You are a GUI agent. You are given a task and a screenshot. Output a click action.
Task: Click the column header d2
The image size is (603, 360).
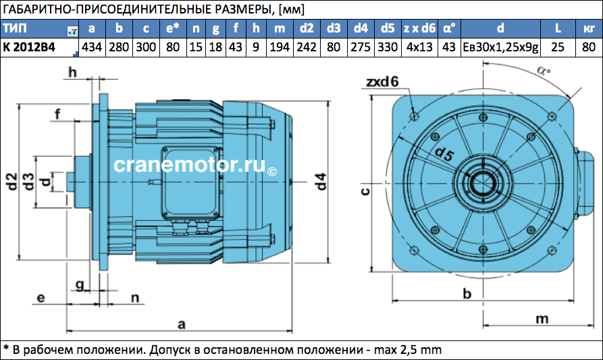tap(307, 28)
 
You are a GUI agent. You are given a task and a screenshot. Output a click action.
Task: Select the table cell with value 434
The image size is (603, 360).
tap(92, 47)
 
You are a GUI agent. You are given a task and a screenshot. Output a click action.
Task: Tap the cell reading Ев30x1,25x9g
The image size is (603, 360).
tap(500, 47)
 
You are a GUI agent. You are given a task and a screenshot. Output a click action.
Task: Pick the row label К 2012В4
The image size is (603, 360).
tap(29, 47)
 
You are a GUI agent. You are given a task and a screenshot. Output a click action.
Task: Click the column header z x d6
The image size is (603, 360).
tap(419, 28)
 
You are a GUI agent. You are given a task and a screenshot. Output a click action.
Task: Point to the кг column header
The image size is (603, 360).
tap(589, 28)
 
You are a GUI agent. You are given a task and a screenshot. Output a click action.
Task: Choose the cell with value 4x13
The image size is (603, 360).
tap(419, 47)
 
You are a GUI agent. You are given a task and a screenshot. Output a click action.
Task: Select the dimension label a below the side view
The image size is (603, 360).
tap(182, 324)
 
